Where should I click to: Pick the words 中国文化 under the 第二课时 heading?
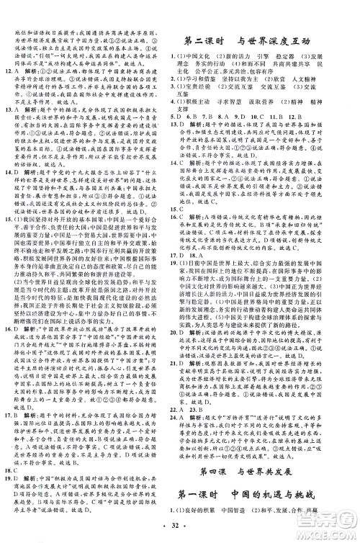tap(205, 56)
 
